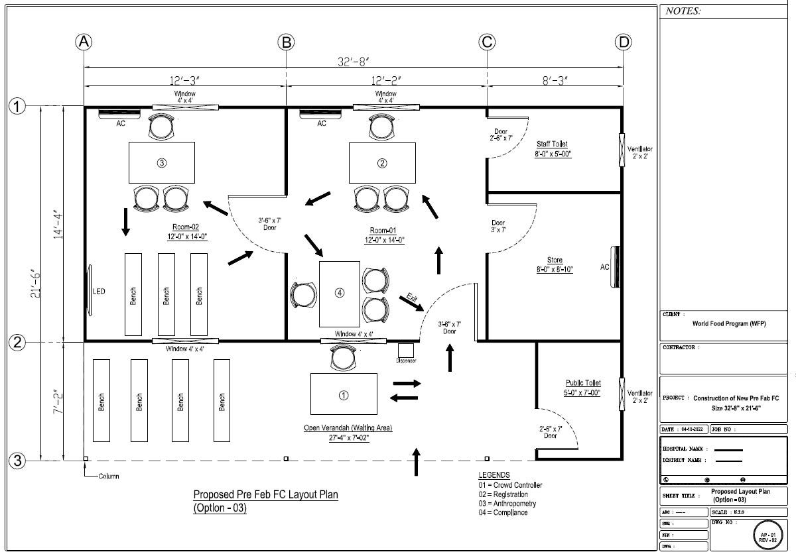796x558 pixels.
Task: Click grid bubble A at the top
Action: (84, 42)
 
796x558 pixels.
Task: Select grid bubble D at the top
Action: (623, 42)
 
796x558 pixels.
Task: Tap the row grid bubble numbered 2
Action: (17, 343)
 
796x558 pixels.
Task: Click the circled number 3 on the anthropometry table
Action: (161, 163)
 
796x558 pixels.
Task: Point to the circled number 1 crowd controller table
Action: (344, 395)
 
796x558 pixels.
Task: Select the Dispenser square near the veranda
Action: (406, 351)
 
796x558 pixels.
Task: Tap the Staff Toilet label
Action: (552, 144)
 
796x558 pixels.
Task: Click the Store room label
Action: (555, 260)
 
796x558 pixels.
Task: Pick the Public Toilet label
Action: (583, 383)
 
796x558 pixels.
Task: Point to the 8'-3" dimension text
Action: (556, 81)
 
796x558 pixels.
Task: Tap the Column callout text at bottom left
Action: (108, 476)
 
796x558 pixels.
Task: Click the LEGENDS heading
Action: (494, 475)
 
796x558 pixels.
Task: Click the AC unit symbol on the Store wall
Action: (616, 267)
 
